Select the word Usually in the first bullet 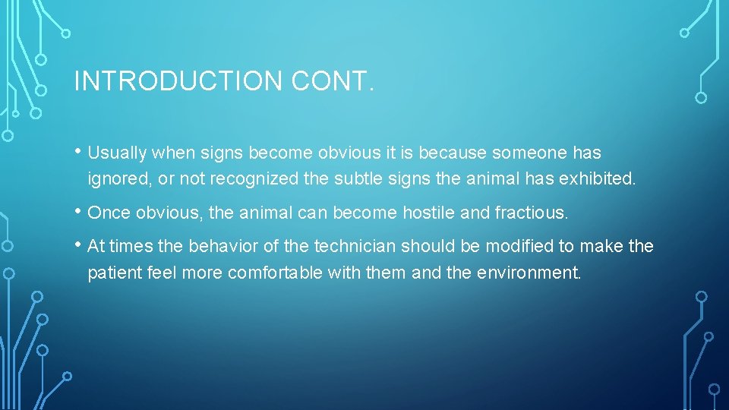click(117, 153)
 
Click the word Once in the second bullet click(107, 213)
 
